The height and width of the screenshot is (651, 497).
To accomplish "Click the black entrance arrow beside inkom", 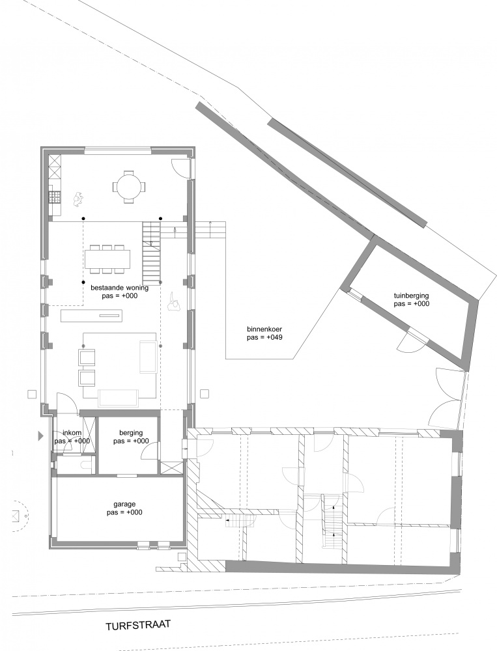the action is (40, 436).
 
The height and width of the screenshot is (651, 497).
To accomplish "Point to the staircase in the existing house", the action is (152, 251).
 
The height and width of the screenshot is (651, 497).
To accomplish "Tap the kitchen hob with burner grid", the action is (55, 197).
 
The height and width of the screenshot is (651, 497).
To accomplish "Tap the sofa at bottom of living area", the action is (118, 398).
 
